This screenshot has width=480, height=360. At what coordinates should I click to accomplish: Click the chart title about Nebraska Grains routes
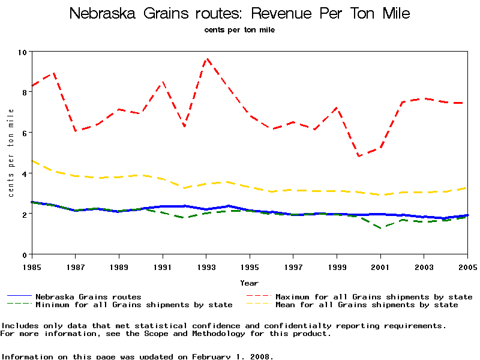[x=240, y=14]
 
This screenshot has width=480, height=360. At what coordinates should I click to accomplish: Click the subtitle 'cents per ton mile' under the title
[x=239, y=29]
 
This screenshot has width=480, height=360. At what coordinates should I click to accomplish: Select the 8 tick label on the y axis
[x=25, y=92]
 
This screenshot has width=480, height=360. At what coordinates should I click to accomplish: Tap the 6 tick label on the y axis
[x=25, y=133]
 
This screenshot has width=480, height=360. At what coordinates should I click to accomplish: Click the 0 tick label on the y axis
[x=25, y=254]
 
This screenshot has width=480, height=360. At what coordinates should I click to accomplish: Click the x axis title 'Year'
[x=250, y=283]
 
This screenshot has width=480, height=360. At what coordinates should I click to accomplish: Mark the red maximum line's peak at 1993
[x=206, y=59]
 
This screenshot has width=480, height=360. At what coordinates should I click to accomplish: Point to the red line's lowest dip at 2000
[x=359, y=156]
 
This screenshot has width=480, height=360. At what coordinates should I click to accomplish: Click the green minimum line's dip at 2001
[x=380, y=228]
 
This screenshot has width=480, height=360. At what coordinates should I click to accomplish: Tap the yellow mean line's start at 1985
[x=32, y=161]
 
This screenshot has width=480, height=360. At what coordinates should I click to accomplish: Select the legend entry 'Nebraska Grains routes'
[x=88, y=296]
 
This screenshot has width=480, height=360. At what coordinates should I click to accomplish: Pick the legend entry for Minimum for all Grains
[x=133, y=305]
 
